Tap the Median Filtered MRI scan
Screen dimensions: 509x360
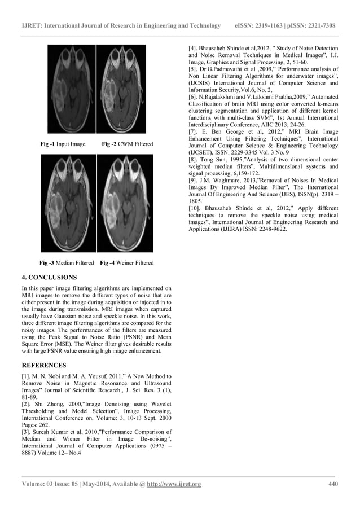coord(72,203)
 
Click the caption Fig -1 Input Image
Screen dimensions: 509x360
coord(63,144)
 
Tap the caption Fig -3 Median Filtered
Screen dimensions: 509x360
coord(67,263)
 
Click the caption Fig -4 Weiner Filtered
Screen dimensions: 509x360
coord(126,263)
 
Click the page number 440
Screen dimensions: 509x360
coord(333,484)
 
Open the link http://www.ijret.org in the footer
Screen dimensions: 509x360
coord(174,484)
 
